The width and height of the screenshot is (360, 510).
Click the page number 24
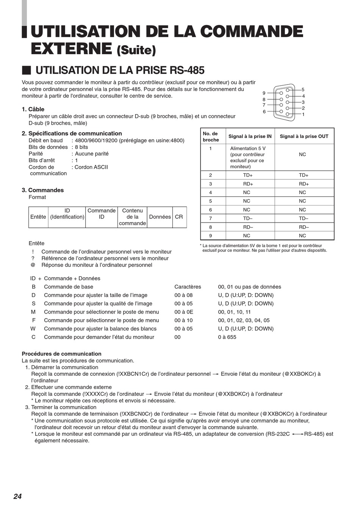17,496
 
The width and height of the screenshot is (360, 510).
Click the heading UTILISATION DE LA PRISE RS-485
120,71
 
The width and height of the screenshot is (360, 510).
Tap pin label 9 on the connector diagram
264,93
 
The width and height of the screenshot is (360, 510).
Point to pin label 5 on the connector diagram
303,90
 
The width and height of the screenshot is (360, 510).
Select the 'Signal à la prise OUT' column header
304,137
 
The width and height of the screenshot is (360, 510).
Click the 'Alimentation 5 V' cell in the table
248,149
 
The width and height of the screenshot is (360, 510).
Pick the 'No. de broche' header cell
211,137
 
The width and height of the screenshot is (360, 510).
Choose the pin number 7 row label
211,219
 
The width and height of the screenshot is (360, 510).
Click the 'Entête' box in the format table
38,217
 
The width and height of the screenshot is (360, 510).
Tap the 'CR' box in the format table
179,217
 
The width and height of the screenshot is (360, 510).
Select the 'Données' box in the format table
160,217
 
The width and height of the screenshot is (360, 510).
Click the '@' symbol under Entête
33,265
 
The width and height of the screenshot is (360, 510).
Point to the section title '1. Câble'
33,109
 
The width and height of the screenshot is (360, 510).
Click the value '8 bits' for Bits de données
81,147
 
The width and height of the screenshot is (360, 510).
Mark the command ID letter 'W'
33,329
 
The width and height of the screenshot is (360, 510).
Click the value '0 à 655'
227,337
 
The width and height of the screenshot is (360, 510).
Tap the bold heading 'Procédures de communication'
61,354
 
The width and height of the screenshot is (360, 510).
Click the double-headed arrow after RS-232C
297,434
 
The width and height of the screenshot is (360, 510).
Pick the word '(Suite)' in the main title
136,50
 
